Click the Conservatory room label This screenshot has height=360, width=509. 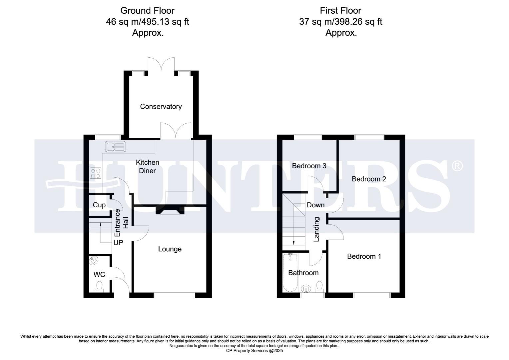point(161,107)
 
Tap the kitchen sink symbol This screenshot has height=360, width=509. point(116,146)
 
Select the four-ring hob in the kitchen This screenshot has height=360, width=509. point(96,173)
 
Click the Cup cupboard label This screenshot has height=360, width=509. point(99,205)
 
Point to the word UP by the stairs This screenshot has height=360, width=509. point(118,243)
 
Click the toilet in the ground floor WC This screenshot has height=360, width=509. point(99,287)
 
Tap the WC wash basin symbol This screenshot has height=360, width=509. point(93,260)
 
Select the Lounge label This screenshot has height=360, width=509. point(170,249)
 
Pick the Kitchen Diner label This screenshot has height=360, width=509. point(147,166)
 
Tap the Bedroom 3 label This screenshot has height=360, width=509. point(309,166)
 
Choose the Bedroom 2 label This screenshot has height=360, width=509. point(369,179)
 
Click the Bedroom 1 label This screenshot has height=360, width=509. point(364,256)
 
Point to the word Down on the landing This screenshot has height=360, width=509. point(315,205)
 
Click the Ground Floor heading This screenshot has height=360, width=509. point(147,11)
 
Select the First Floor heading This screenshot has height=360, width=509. point(340,11)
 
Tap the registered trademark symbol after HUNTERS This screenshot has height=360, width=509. point(457,166)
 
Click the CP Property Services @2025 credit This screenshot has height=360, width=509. point(254,351)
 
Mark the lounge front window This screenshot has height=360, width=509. point(175,295)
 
